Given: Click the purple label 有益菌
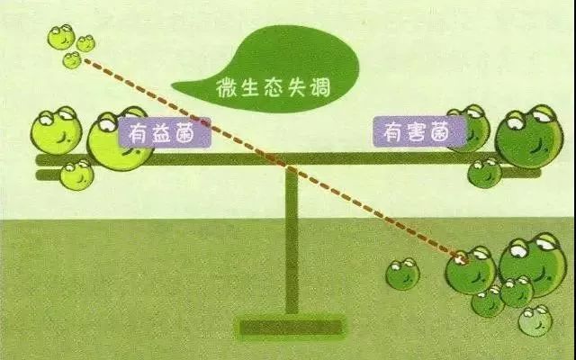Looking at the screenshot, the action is [x=165, y=132].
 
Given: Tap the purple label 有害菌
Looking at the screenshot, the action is [x=419, y=131].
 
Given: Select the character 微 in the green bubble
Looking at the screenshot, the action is [x=226, y=88].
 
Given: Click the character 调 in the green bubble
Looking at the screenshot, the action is [x=320, y=87].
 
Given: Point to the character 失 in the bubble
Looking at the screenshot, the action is [x=296, y=87].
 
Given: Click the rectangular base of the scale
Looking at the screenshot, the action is [x=291, y=327].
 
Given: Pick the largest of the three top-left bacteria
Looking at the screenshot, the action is [x=61, y=37].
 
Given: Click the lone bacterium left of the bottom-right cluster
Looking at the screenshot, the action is [x=402, y=274].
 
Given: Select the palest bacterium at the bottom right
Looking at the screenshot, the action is [x=535, y=320].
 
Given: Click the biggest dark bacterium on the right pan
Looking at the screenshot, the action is [x=529, y=137].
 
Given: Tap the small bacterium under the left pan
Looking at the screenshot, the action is [x=76, y=175].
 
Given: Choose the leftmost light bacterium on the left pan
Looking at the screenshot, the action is [x=56, y=130].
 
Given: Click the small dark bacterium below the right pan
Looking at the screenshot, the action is [x=484, y=173].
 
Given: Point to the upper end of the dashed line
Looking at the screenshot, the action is [x=86, y=60].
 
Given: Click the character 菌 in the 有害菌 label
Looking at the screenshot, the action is [x=440, y=131].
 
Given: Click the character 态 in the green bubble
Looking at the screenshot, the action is [x=273, y=88].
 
